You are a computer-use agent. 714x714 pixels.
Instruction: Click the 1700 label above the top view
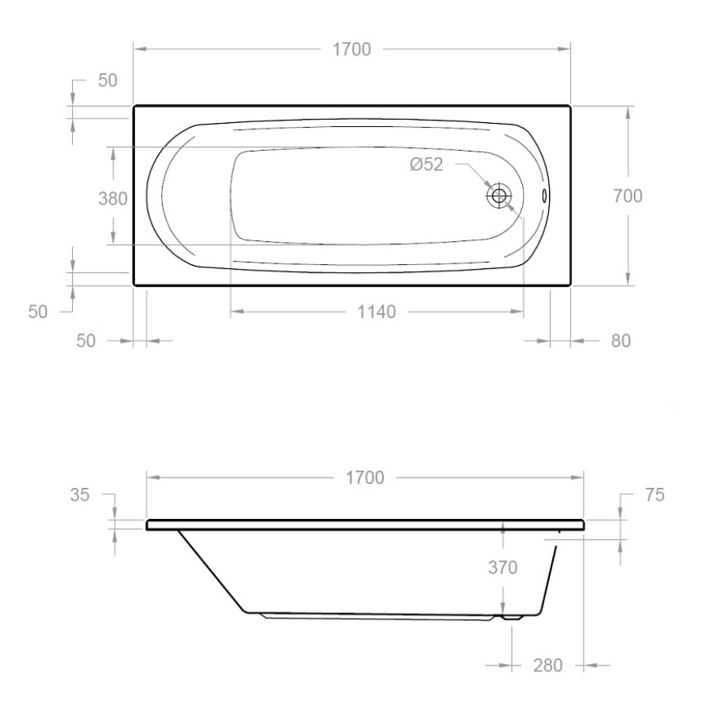pyautogui.click(x=351, y=49)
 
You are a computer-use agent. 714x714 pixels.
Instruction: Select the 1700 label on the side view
pyautogui.click(x=364, y=478)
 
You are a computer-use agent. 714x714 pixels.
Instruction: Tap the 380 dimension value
pyautogui.click(x=113, y=199)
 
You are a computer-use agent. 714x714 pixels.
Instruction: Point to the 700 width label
pyautogui.click(x=628, y=196)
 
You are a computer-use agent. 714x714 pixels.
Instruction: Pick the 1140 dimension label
pyautogui.click(x=376, y=312)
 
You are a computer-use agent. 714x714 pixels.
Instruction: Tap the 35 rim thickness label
pyautogui.click(x=80, y=495)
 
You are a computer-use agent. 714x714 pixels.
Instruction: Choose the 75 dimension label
pyautogui.click(x=654, y=494)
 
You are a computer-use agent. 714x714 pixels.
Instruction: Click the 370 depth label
pyautogui.click(x=502, y=567)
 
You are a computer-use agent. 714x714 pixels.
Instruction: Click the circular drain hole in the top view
pyautogui.click(x=499, y=195)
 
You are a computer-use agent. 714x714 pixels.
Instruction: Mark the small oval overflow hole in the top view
pyautogui.click(x=544, y=195)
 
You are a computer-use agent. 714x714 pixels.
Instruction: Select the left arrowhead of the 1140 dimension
pyautogui.click(x=236, y=312)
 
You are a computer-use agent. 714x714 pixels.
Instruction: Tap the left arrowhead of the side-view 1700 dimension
pyautogui.click(x=153, y=478)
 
